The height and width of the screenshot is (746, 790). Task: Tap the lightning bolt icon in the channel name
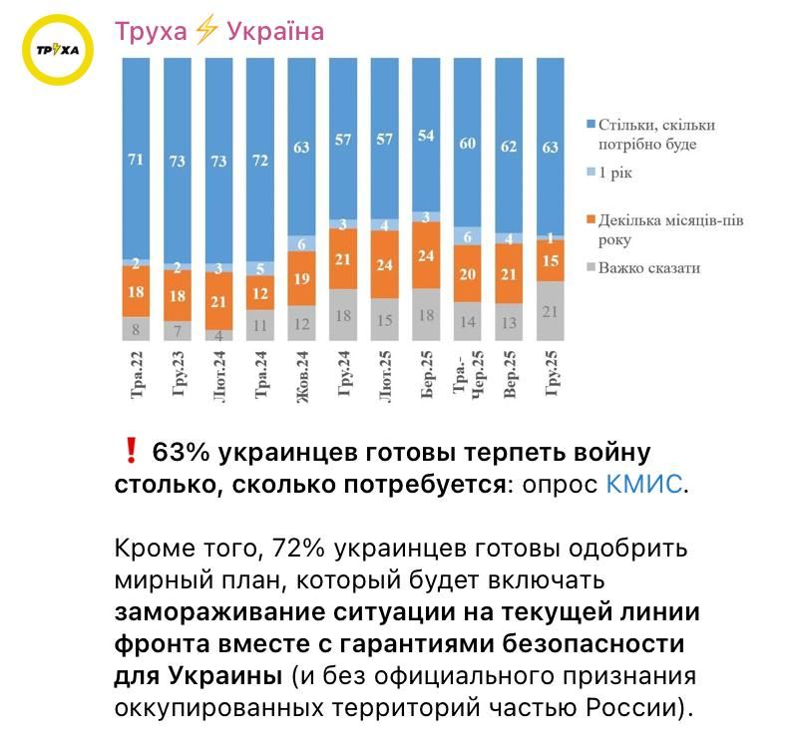[206, 32]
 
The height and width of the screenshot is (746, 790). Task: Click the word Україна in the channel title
[275, 32]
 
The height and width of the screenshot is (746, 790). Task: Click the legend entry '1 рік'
[615, 173]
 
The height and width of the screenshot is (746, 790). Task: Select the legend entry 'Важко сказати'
[648, 267]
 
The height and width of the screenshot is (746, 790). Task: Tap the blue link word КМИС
[644, 486]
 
